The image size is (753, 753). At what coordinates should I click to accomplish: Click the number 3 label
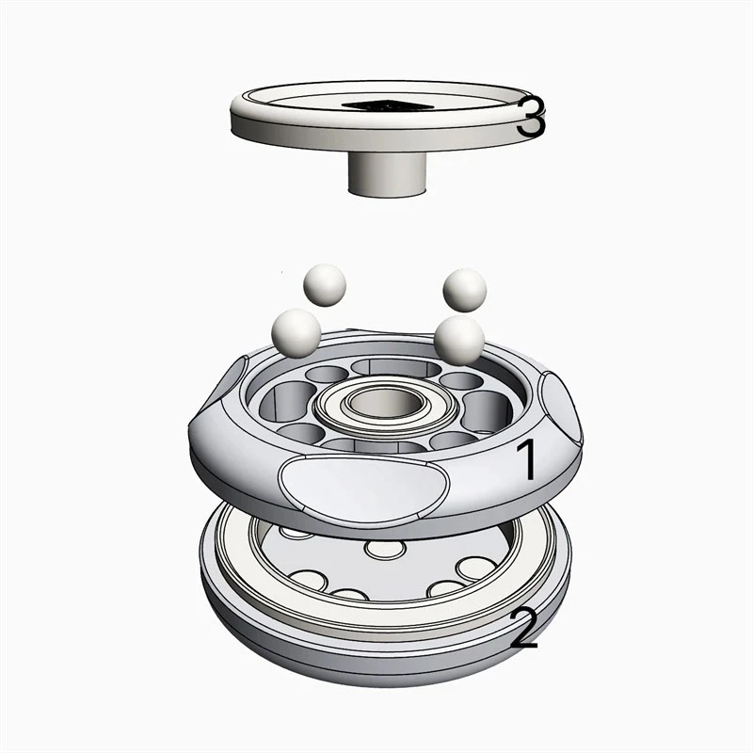tap(531, 116)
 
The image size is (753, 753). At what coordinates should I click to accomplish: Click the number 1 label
tap(526, 459)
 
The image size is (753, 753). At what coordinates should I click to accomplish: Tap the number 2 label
tap(524, 627)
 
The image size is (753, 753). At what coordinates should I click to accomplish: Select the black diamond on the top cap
tap(388, 104)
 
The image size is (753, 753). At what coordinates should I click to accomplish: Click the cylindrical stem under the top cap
tap(387, 174)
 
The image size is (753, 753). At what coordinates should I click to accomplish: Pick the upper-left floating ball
tap(325, 285)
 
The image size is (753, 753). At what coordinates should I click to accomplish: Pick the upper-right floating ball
tap(465, 290)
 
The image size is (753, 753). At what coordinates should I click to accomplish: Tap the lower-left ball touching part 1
tap(296, 333)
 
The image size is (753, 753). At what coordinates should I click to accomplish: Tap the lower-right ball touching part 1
tap(459, 340)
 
